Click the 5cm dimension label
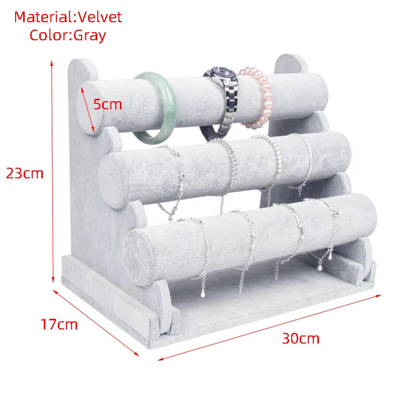(107, 104)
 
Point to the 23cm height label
(25, 173)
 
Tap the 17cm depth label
(59, 324)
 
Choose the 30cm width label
(301, 338)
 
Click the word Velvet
(100, 17)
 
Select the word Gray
(90, 36)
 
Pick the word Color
(50, 35)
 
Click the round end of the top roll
(89, 108)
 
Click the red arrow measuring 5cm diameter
(87, 109)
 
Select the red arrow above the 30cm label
(270, 327)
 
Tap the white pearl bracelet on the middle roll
(274, 165)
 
